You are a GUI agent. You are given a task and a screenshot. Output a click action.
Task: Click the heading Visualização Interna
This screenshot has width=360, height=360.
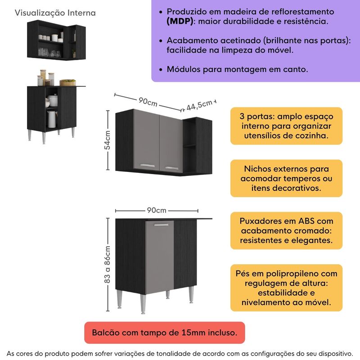pos(55,13)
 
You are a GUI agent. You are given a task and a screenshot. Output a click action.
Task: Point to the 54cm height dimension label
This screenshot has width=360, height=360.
pos(108,141)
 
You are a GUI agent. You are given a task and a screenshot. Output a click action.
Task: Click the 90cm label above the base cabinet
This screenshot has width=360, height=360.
pos(157,210)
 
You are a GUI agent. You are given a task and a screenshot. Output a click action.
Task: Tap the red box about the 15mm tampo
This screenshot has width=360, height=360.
pos(164,333)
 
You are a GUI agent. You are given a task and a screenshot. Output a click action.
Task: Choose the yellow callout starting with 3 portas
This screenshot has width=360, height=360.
pos(286,126)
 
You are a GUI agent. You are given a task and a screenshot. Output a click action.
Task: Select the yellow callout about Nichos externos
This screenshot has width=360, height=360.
pos(286,178)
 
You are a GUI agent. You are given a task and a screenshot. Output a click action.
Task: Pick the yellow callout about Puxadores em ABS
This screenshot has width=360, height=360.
pos(286,231)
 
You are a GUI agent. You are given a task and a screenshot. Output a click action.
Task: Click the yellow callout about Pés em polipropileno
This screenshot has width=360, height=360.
pos(286,288)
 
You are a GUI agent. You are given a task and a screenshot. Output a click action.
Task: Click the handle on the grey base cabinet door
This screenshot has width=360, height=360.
pos(161,224)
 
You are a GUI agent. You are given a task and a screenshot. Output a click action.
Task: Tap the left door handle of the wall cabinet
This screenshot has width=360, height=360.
pos(147,165)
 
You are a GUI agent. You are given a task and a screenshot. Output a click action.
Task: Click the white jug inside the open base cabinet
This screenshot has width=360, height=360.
pos(52,119)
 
